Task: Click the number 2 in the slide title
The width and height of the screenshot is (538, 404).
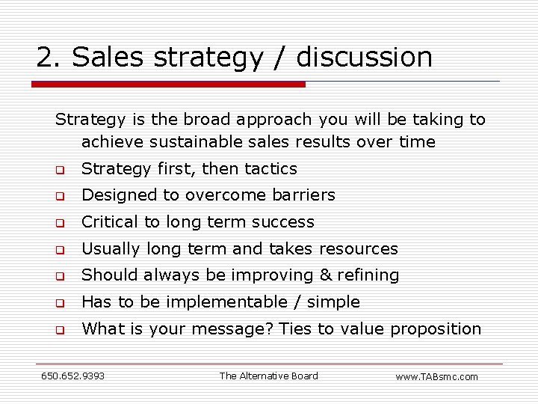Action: point(46,58)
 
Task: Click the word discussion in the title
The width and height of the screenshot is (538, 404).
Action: point(365,58)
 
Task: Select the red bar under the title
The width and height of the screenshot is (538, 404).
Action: point(168,85)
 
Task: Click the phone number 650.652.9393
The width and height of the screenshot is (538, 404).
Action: point(72,376)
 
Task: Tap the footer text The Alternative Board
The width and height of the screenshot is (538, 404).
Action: point(268,376)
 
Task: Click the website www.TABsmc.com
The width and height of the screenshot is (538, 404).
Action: point(436,376)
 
